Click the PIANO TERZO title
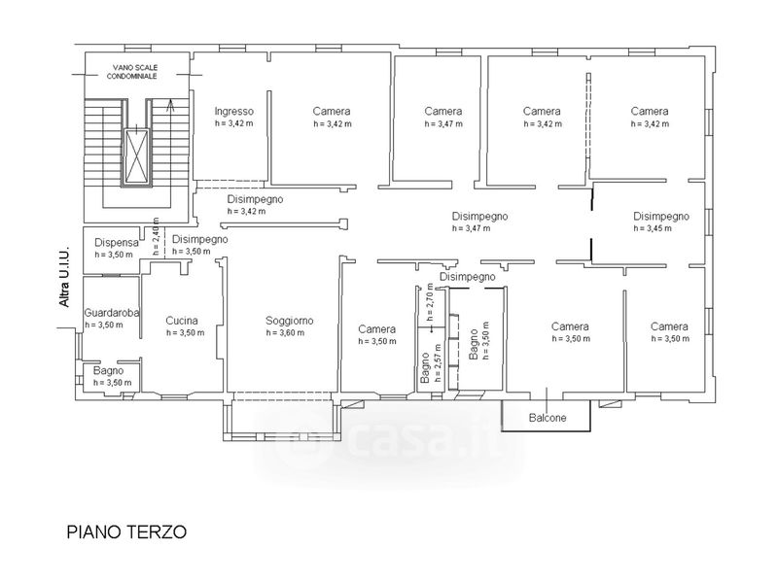click(x=126, y=531)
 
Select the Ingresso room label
click(x=233, y=112)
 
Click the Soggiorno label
click(x=289, y=321)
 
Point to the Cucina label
click(x=182, y=321)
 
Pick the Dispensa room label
click(x=117, y=243)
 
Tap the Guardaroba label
click(x=112, y=313)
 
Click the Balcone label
click(x=548, y=418)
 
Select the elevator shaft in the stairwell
click(x=136, y=155)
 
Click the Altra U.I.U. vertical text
click(x=64, y=277)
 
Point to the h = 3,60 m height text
click(x=285, y=333)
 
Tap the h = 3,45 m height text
click(x=653, y=228)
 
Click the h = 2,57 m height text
click(x=437, y=362)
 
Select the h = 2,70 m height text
click(x=430, y=302)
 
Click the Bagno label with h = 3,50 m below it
click(x=109, y=371)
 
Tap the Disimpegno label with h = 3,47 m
click(x=479, y=217)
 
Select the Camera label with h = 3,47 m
click(x=443, y=112)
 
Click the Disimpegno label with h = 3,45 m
click(x=661, y=217)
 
